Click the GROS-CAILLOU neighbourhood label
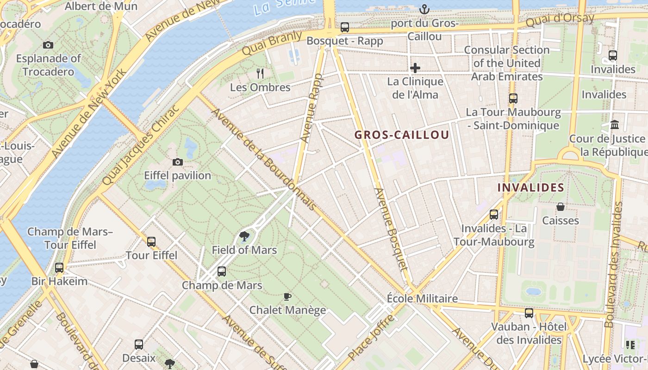402,135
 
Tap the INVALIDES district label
530,188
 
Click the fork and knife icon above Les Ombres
260,73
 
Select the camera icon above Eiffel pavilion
178,162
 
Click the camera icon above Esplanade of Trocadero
48,45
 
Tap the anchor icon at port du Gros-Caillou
424,9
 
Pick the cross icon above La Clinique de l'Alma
415,68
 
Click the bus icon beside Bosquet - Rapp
345,27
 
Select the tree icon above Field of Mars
244,237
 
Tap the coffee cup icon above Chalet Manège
287,296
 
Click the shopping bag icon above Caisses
561,207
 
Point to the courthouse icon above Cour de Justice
615,124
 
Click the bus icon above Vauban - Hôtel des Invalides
529,313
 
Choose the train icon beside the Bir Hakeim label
59,267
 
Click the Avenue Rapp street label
311,108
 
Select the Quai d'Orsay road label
560,20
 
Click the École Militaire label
422,299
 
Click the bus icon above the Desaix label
139,344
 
